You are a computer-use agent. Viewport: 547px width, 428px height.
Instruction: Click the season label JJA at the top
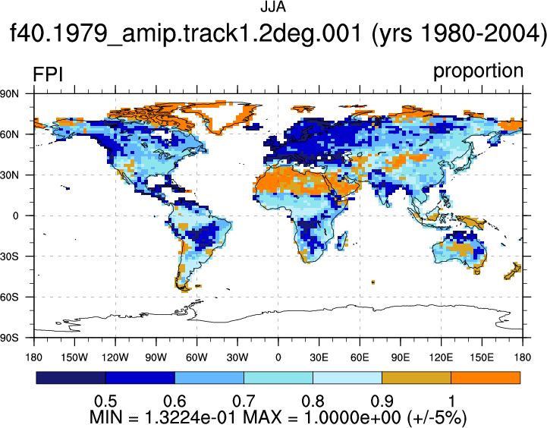coord(273,7)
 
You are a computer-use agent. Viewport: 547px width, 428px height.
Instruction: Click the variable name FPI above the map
coord(48,74)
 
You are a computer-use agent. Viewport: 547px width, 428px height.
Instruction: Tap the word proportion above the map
coord(478,71)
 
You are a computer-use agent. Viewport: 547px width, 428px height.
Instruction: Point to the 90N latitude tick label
coord(10,93)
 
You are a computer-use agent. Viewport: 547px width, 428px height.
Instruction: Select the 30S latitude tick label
coord(10,256)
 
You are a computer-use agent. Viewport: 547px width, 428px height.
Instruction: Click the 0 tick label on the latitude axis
coord(16,216)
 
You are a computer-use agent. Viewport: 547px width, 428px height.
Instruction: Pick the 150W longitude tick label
coord(74,357)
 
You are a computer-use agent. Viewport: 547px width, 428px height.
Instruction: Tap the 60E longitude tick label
coord(360,357)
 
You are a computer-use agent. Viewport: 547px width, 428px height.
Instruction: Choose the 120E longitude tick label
coord(441,357)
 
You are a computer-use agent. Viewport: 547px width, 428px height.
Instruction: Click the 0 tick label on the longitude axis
coord(278,357)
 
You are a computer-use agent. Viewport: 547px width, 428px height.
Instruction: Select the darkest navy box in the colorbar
coord(71,378)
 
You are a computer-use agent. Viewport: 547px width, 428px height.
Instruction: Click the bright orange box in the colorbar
coord(486,378)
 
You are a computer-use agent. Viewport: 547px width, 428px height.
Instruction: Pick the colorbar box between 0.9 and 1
coord(417,378)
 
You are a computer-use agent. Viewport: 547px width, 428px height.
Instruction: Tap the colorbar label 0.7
coord(244,401)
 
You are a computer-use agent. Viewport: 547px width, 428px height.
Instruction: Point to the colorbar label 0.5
coord(105,401)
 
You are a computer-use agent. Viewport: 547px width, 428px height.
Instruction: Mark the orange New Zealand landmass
coord(512,271)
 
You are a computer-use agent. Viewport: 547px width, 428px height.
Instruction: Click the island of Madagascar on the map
coord(342,241)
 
